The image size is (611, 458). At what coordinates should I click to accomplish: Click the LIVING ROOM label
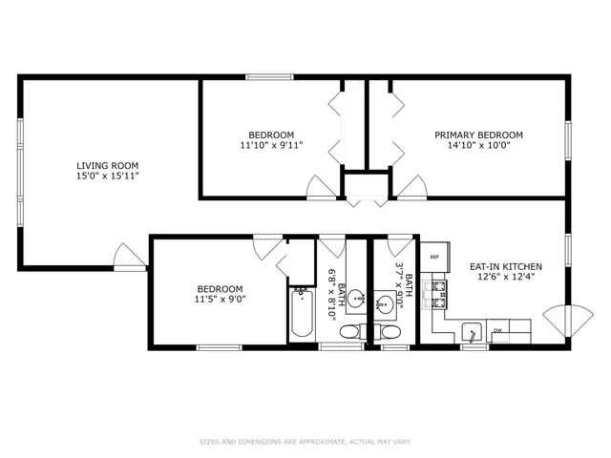tap(107, 165)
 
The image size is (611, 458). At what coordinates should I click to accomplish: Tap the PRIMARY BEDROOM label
tap(478, 135)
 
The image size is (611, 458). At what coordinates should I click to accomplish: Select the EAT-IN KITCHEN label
tap(506, 267)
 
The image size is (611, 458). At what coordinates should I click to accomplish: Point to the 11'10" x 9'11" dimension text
tap(271, 145)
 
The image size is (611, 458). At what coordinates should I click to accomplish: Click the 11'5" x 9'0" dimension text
tap(221, 299)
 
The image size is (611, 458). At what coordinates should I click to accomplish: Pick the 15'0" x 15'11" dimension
tap(108, 176)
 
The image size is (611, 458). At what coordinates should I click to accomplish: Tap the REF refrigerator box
tap(435, 257)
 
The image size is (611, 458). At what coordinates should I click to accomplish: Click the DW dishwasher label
tap(497, 331)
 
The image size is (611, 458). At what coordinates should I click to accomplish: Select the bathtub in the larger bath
tap(302, 313)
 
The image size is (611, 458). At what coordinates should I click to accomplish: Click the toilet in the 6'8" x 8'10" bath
tap(350, 332)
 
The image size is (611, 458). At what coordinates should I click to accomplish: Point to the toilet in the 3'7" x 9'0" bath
tap(390, 332)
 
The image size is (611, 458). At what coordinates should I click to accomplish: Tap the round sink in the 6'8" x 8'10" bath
tap(356, 299)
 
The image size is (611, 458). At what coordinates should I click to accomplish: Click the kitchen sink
tap(472, 332)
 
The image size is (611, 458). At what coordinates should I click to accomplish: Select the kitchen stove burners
tap(438, 295)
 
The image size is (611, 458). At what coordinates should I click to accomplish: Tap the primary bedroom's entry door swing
tap(411, 187)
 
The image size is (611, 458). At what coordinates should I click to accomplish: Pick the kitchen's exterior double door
tap(569, 321)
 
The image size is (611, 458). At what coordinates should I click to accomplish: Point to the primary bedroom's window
tap(568, 140)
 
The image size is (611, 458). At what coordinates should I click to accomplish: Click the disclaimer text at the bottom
tap(305, 442)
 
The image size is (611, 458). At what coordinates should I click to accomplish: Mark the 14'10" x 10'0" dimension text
tap(479, 145)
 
